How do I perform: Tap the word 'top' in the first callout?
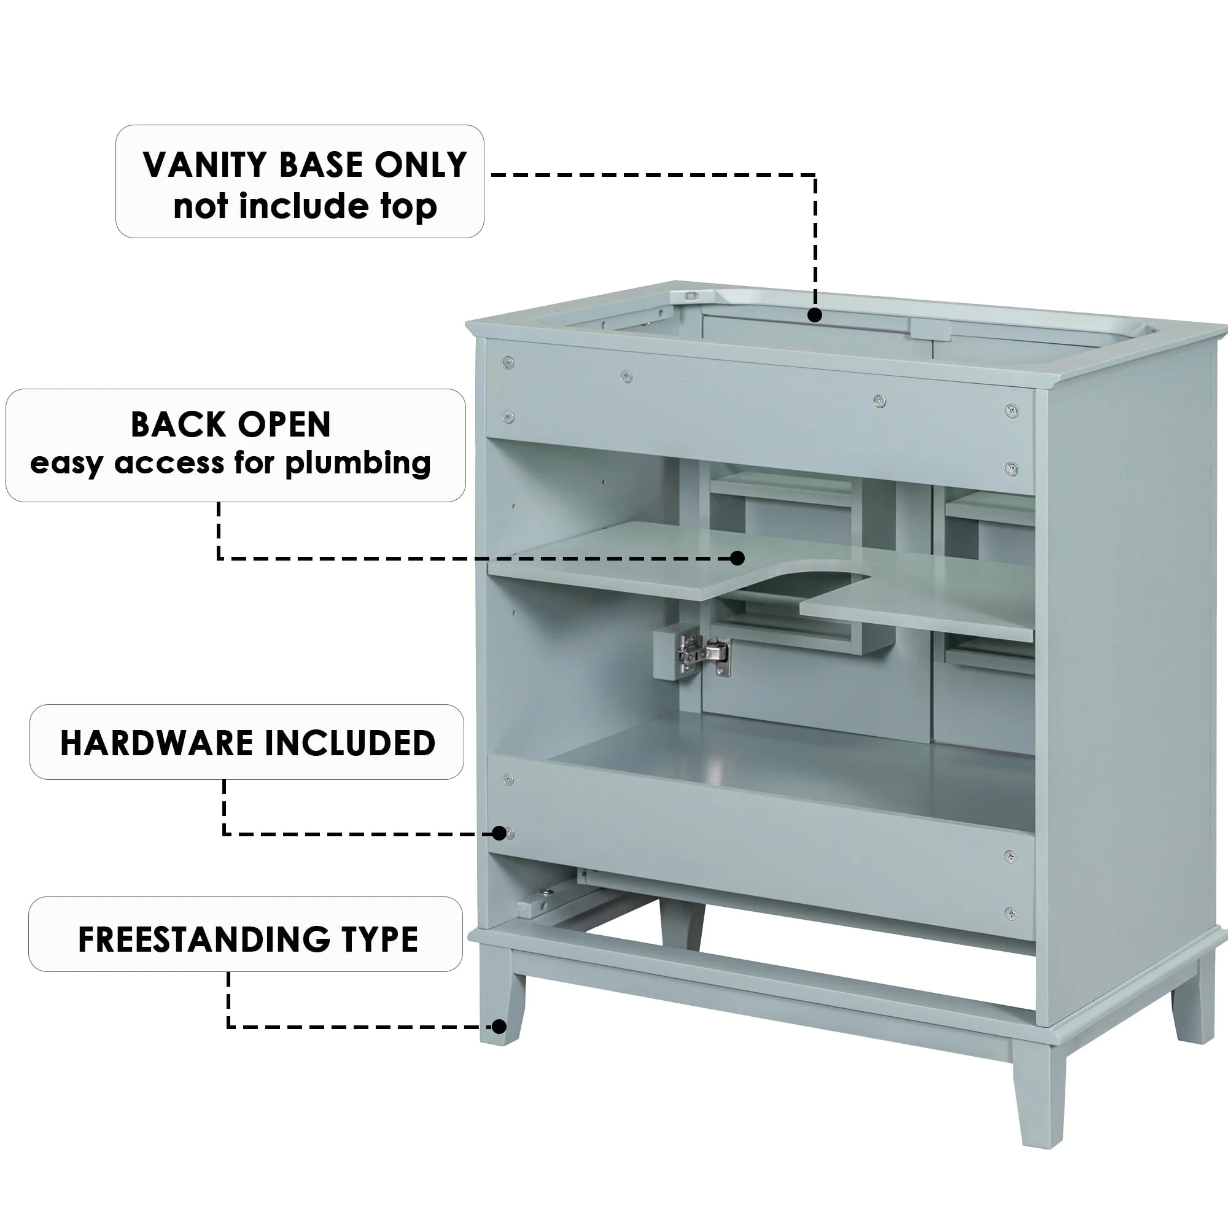(409, 206)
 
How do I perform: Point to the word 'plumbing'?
(358, 464)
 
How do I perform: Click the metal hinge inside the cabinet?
(702, 653)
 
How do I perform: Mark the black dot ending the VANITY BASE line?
(815, 315)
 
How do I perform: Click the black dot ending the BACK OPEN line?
(737, 558)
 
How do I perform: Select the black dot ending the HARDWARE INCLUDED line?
(500, 833)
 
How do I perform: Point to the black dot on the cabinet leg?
(500, 1027)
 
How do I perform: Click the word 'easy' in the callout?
(66, 464)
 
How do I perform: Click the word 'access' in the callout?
(169, 464)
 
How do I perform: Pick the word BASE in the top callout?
(321, 165)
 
